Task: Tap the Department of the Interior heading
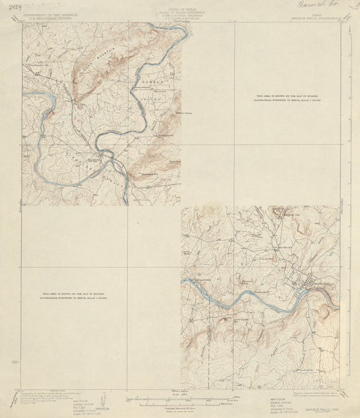(49, 13)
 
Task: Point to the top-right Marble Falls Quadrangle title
(312, 18)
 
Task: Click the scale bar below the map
(180, 400)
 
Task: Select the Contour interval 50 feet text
(180, 406)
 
